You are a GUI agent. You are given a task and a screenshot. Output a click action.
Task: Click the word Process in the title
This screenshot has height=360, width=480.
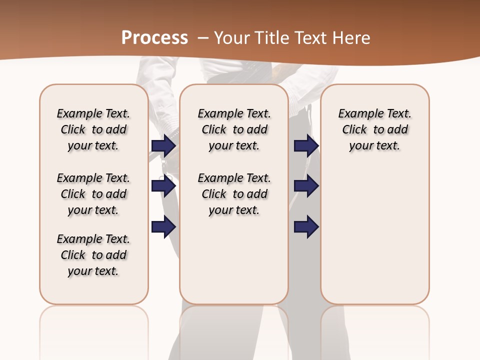(154, 37)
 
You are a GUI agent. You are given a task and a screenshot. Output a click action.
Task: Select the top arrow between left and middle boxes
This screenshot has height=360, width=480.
(163, 145)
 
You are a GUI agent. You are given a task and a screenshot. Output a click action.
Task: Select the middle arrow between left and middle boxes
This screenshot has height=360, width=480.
(163, 186)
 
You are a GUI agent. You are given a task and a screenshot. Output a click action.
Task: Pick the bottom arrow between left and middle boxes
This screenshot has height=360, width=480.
(163, 227)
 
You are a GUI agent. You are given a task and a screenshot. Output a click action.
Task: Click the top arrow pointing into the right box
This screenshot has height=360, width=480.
(306, 145)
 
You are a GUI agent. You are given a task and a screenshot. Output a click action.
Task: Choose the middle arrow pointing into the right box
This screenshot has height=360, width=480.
(306, 186)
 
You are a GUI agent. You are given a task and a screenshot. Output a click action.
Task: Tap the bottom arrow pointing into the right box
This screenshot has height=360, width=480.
(306, 227)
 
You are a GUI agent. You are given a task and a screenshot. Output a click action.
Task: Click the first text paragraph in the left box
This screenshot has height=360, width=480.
(93, 129)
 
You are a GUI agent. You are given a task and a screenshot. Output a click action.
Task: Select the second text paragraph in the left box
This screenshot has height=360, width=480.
(93, 194)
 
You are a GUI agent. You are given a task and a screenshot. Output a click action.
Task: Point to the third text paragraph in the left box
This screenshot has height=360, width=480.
(93, 255)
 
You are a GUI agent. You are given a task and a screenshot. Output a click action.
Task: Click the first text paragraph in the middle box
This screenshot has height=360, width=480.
(234, 129)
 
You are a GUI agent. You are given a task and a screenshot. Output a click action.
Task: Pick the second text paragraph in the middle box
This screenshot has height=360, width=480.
(234, 194)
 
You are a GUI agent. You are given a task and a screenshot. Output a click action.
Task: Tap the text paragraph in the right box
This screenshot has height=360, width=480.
(374, 129)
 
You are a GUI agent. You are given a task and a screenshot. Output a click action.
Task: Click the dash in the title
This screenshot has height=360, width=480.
(203, 37)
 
